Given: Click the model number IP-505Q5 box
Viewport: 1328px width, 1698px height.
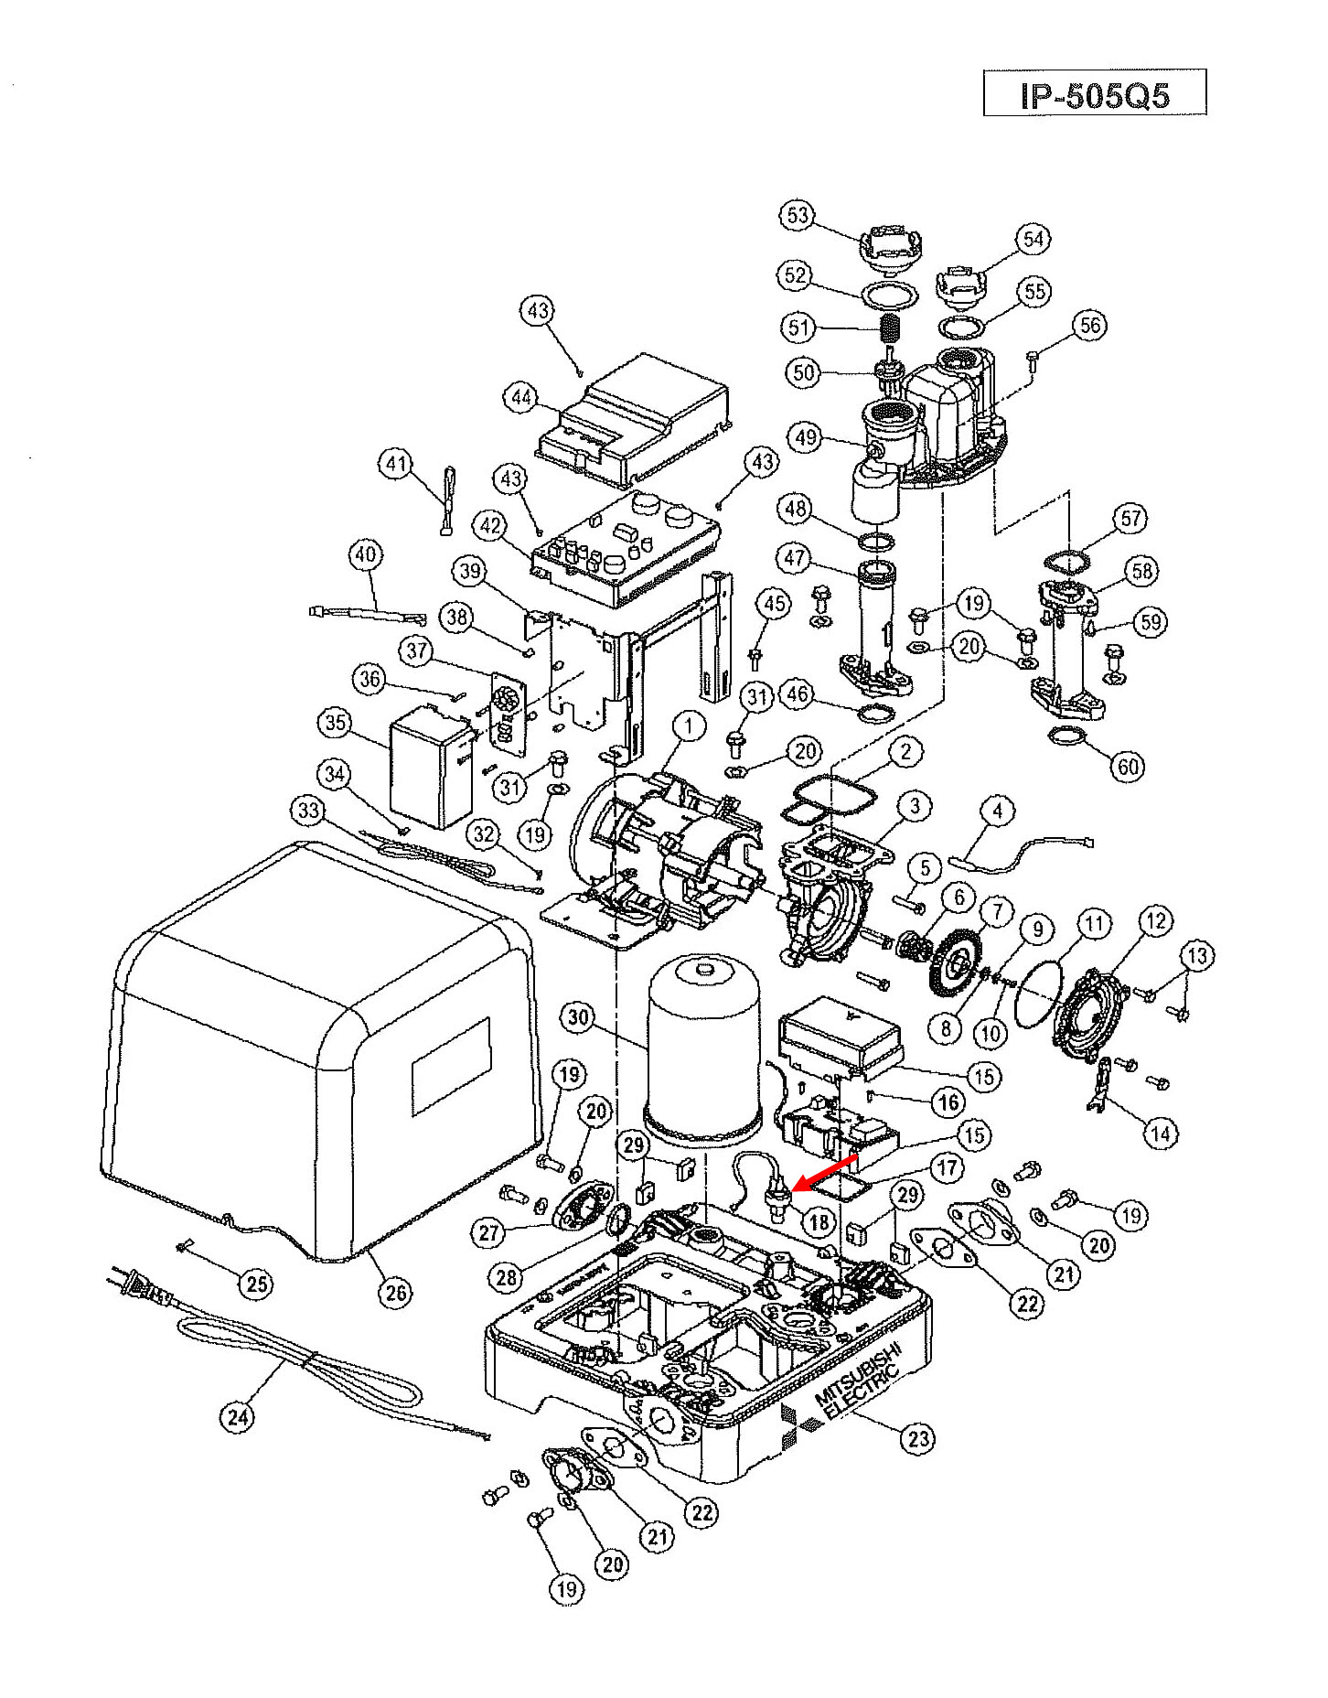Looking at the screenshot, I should [x=1095, y=93].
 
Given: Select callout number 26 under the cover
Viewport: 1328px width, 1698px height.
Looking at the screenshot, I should [x=395, y=1292].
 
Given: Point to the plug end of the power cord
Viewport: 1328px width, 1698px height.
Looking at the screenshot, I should [x=137, y=1288].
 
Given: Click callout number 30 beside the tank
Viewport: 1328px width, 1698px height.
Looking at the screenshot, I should [x=579, y=1016].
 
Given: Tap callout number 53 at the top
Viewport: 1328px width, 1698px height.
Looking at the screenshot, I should [x=798, y=215].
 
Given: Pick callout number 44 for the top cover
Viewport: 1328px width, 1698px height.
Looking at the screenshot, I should [x=521, y=398].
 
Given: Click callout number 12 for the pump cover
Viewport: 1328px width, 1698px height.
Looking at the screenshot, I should [x=1156, y=920].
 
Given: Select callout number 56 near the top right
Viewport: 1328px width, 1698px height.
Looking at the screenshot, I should [x=1090, y=326].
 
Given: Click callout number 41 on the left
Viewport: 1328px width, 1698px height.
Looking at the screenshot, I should [x=395, y=464].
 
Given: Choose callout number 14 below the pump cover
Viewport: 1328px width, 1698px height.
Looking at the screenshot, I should [x=1160, y=1134].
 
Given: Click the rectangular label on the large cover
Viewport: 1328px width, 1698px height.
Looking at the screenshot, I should [x=451, y=1067].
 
